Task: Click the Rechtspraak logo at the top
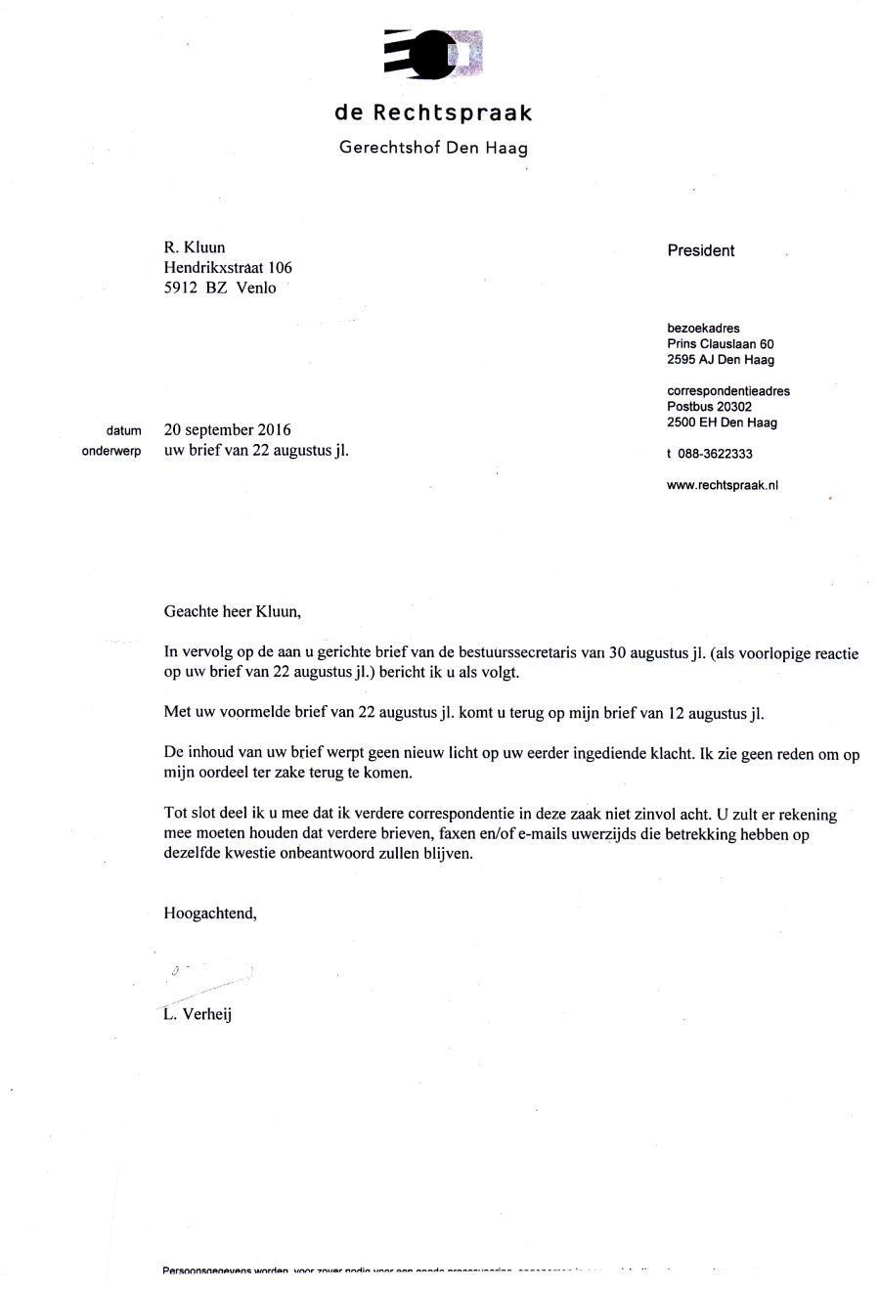point(434,55)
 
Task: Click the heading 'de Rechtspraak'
point(433,113)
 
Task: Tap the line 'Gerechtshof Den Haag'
point(433,149)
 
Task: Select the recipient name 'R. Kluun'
point(195,247)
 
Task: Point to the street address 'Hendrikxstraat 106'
point(228,267)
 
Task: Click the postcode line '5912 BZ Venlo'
point(220,288)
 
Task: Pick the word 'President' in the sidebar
point(700,250)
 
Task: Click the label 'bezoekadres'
point(703,329)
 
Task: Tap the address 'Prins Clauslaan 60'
point(720,344)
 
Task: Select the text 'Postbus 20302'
point(709,407)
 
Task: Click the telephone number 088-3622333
point(715,454)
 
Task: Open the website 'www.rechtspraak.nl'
point(722,485)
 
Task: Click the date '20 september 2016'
point(227,429)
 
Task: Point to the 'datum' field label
point(124,431)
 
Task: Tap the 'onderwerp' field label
point(111,452)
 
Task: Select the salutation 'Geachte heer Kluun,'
point(233,612)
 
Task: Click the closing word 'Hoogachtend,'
point(210,913)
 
